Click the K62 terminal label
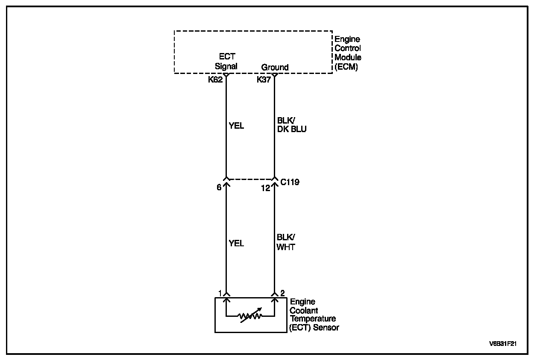point(215,80)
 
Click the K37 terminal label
point(264,80)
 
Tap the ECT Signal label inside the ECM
point(226,62)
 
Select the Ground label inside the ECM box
point(275,67)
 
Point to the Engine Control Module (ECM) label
point(348,53)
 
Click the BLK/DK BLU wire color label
point(292,125)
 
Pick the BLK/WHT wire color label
point(286,242)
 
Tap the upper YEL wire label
point(236,126)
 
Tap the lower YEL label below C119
point(236,243)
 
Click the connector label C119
point(290,182)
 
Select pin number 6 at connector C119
point(219,187)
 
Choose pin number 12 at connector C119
point(265,188)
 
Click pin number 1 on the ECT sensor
point(220,293)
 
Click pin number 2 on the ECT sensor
point(282,293)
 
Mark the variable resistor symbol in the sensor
point(251,316)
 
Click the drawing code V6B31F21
point(503,343)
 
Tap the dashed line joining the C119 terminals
point(250,179)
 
